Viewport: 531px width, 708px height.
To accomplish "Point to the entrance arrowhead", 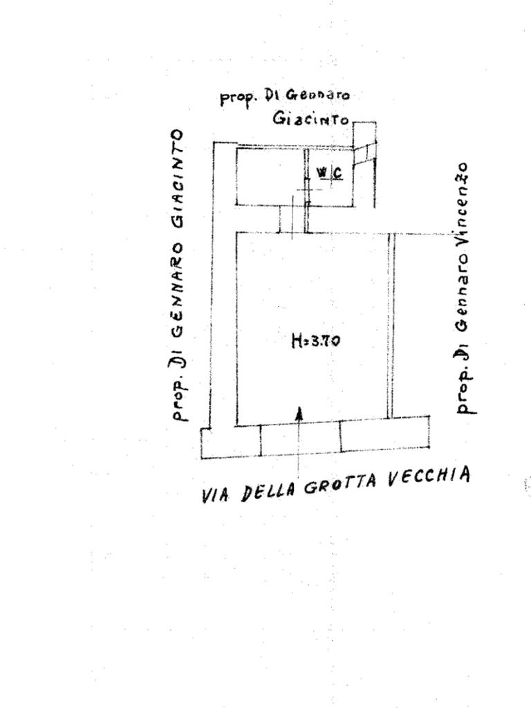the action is coord(299,413).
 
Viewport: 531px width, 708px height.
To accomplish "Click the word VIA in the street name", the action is coord(216,496).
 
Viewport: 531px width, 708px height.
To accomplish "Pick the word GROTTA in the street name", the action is coord(339,485).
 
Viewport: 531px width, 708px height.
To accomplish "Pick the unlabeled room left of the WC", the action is coord(270,176).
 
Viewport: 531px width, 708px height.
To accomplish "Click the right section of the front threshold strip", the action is coord(384,436).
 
